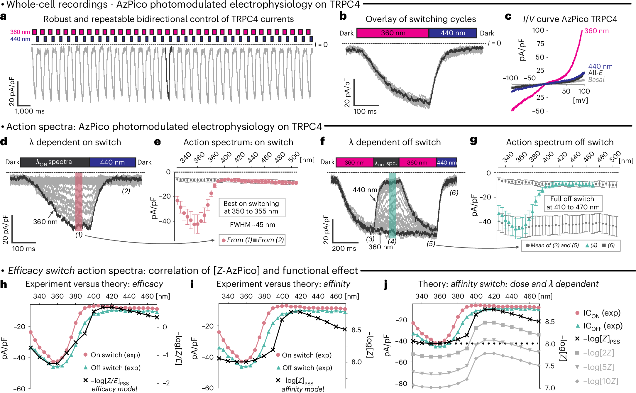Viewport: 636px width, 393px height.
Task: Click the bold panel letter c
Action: click(508, 17)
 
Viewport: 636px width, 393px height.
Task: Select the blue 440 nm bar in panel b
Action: click(453, 33)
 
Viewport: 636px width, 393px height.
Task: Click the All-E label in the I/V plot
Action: click(595, 73)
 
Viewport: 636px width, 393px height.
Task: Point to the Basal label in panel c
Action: click(596, 80)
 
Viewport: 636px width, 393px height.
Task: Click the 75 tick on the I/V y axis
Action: click(540, 44)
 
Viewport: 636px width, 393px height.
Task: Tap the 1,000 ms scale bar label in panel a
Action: click(30, 111)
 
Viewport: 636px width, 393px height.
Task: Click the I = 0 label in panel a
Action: click(321, 45)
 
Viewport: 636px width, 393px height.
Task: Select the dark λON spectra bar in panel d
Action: click(55, 162)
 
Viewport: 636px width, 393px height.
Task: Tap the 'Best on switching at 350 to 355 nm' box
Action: click(252, 207)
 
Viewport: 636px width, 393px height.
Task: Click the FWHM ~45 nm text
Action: click(252, 225)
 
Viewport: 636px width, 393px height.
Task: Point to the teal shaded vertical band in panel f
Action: click(392, 205)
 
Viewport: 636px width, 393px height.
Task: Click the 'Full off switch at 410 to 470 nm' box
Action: click(573, 203)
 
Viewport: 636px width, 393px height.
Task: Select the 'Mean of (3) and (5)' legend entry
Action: click(552, 245)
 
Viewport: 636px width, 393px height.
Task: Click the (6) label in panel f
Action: click(454, 193)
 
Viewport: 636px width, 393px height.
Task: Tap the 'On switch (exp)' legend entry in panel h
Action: click(115, 355)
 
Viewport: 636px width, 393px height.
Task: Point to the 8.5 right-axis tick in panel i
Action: click(356, 330)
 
